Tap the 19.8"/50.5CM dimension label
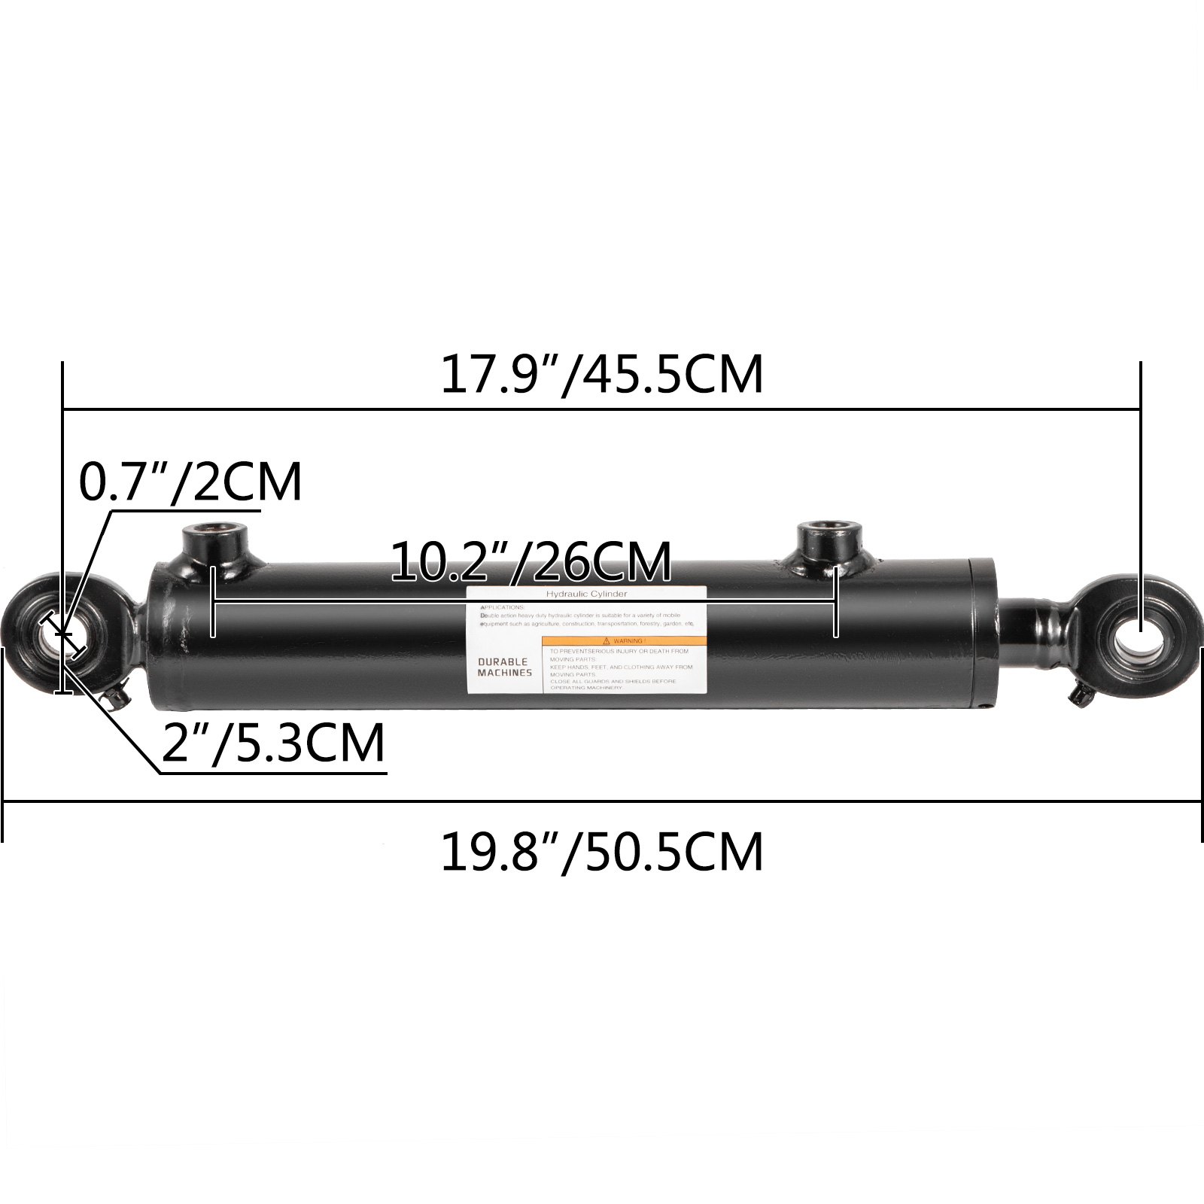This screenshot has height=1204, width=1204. (601, 852)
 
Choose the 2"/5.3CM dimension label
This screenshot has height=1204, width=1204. (273, 743)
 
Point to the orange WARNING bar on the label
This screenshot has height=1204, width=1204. (625, 640)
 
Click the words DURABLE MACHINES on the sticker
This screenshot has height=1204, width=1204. (504, 667)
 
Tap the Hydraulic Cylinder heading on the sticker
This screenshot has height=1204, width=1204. (586, 594)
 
